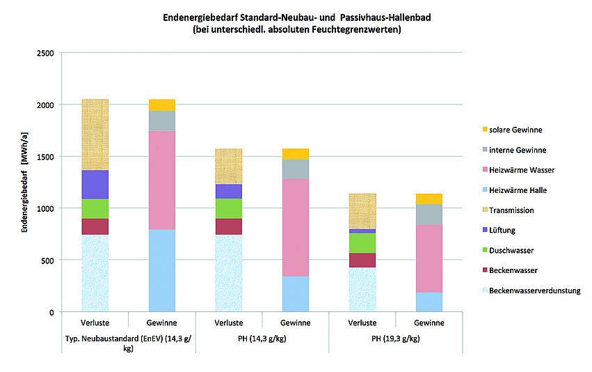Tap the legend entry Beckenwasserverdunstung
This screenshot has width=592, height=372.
534,290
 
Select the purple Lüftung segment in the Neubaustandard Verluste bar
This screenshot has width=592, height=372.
95,185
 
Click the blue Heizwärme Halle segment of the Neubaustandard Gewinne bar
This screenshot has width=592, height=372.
162,270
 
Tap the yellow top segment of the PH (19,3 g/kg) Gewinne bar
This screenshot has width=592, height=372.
429,199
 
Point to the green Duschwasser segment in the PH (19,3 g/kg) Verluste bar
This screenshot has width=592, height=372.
362,242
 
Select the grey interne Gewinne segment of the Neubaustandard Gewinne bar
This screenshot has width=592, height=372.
162,121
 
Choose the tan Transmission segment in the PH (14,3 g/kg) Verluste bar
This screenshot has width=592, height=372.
228,166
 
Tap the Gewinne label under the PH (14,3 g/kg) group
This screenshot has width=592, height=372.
296,323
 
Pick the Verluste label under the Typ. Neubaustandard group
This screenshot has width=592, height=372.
95,323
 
